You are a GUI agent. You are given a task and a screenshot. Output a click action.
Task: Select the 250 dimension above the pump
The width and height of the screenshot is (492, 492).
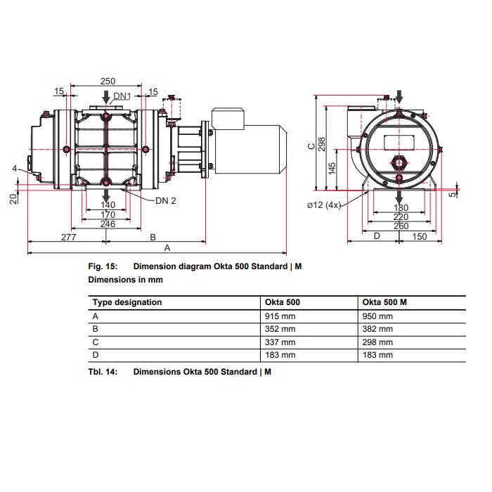point(108,82)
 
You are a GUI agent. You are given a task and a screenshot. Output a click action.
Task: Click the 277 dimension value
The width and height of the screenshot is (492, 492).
point(67,238)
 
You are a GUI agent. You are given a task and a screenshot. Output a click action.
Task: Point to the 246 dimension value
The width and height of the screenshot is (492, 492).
point(108,224)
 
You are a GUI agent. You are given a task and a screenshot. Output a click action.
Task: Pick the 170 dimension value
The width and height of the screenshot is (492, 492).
point(108,214)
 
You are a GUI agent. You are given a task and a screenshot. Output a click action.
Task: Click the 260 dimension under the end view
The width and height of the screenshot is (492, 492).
point(400,226)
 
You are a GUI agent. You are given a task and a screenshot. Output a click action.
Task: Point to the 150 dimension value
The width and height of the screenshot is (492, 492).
point(420,236)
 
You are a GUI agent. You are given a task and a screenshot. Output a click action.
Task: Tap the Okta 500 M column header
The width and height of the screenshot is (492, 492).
point(385,302)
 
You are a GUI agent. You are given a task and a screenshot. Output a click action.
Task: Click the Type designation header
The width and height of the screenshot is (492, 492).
point(128,302)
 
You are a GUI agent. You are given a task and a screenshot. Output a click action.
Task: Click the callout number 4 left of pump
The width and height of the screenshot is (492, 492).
point(14,168)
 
